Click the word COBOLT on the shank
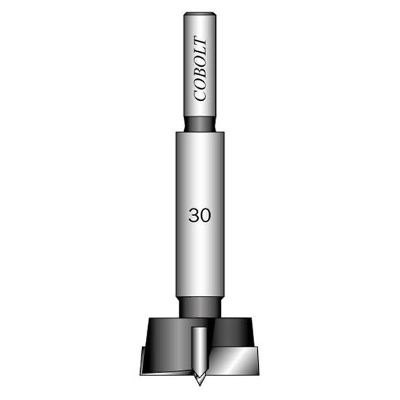point(200,69)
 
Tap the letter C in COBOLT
point(200,95)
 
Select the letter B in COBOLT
point(200,72)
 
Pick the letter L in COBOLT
point(200,52)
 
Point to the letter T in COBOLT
point(200,41)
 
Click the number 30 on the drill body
point(200,215)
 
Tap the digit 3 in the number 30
point(194,215)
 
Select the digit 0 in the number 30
point(205,215)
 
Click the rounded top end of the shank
point(200,14)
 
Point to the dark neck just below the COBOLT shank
point(200,124)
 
